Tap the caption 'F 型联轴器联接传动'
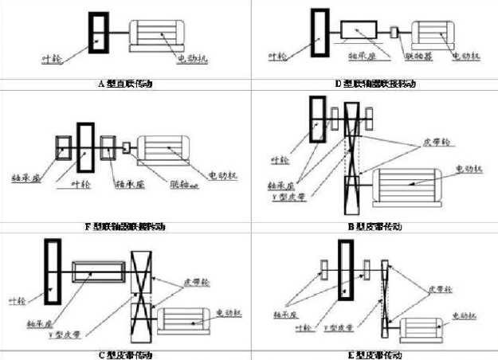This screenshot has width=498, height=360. [124, 226]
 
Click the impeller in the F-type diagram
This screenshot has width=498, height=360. [85, 148]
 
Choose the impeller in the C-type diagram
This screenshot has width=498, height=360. [53, 272]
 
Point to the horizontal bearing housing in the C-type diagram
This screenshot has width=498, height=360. [100, 272]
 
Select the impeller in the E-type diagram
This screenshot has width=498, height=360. [346, 272]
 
